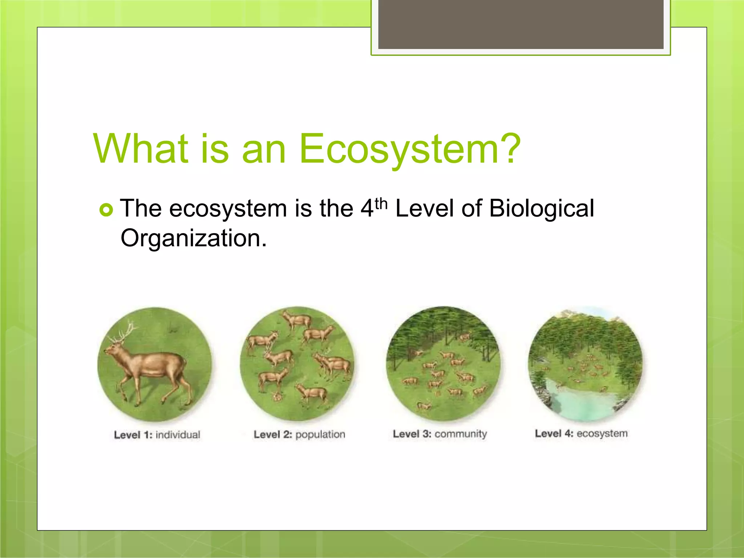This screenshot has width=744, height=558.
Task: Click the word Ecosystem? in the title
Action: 410,149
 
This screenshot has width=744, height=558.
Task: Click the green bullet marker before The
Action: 106,210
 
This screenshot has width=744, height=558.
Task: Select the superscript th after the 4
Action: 381,204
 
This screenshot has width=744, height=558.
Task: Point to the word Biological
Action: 541,209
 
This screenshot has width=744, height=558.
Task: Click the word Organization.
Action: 193,239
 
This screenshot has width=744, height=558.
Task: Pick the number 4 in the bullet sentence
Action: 367,209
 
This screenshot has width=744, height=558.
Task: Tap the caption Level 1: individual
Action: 157,435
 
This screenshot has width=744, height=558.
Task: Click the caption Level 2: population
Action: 299,434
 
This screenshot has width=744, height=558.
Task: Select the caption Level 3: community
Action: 440,434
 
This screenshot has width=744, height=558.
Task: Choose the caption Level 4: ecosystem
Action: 581,433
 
